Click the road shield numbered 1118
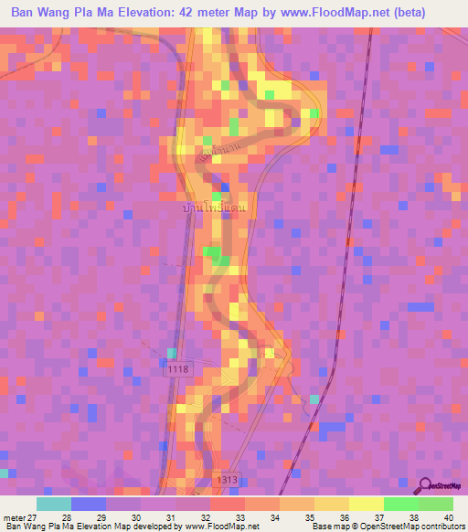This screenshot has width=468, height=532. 178,369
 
